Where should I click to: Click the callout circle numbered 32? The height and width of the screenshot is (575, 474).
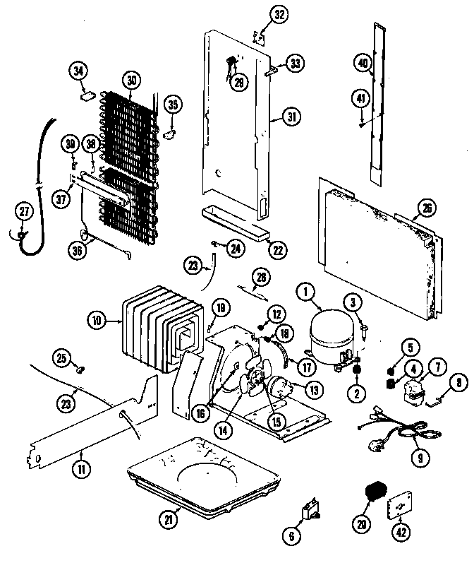[x=260, y=16]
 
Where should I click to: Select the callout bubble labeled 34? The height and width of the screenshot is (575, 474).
[x=78, y=71]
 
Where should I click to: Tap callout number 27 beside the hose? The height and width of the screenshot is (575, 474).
[x=25, y=212]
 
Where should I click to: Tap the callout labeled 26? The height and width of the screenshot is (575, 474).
[x=426, y=208]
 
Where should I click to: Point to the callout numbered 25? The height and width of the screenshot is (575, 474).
[x=62, y=360]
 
